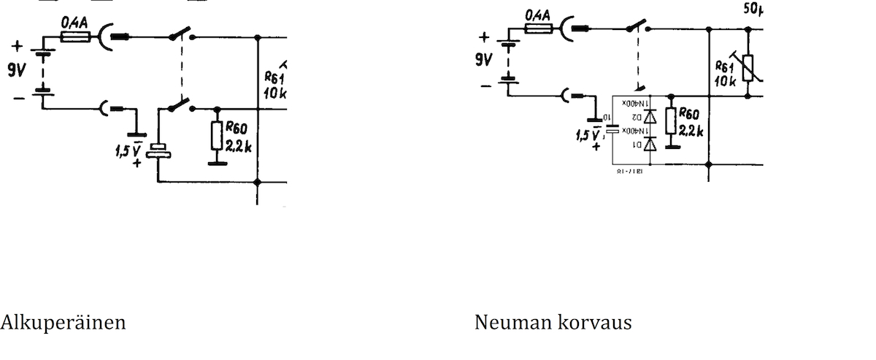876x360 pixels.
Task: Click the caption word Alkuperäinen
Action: click(x=63, y=322)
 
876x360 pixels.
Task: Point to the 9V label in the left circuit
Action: click(x=16, y=70)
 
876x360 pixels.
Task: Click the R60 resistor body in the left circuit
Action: click(x=216, y=134)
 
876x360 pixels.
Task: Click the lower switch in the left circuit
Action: click(x=180, y=106)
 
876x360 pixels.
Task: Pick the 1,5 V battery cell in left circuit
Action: click(x=158, y=151)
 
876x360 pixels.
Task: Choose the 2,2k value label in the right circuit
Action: click(x=691, y=131)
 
